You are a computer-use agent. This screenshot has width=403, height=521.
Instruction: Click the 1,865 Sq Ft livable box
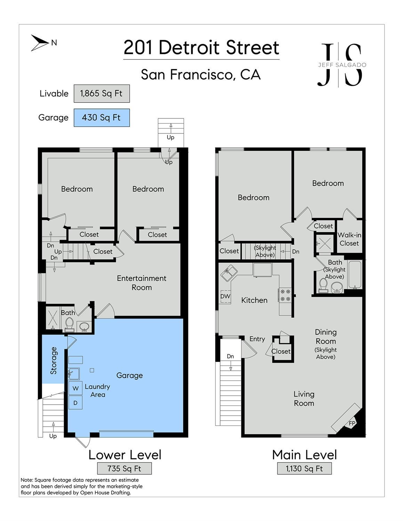click(x=102, y=93)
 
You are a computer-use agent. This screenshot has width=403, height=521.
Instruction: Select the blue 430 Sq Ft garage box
click(x=102, y=117)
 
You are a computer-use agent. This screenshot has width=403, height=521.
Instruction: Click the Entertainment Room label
click(x=142, y=283)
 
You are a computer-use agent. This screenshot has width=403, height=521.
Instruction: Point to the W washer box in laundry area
click(x=75, y=388)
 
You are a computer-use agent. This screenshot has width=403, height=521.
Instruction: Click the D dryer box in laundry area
click(x=75, y=403)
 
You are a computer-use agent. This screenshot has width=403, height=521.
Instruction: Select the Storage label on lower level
click(x=54, y=360)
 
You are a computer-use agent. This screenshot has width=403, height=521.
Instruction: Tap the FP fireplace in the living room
click(x=352, y=423)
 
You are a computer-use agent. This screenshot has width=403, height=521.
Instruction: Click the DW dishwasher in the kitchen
click(x=225, y=296)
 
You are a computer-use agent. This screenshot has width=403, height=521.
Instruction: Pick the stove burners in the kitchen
click(x=285, y=295)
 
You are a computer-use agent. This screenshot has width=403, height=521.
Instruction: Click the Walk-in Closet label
click(x=349, y=239)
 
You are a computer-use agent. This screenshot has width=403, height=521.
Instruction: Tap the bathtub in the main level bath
click(x=355, y=275)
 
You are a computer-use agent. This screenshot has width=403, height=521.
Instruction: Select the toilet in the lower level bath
click(x=70, y=324)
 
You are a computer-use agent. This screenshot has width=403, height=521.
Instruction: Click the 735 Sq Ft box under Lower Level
click(x=124, y=469)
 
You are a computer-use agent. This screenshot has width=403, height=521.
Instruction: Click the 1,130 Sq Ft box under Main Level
click(x=304, y=469)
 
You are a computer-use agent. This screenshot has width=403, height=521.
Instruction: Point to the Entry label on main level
click(x=257, y=339)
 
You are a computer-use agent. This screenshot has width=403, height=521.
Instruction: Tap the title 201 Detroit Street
click(x=201, y=48)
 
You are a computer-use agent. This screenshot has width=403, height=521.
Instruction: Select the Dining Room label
click(x=325, y=336)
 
